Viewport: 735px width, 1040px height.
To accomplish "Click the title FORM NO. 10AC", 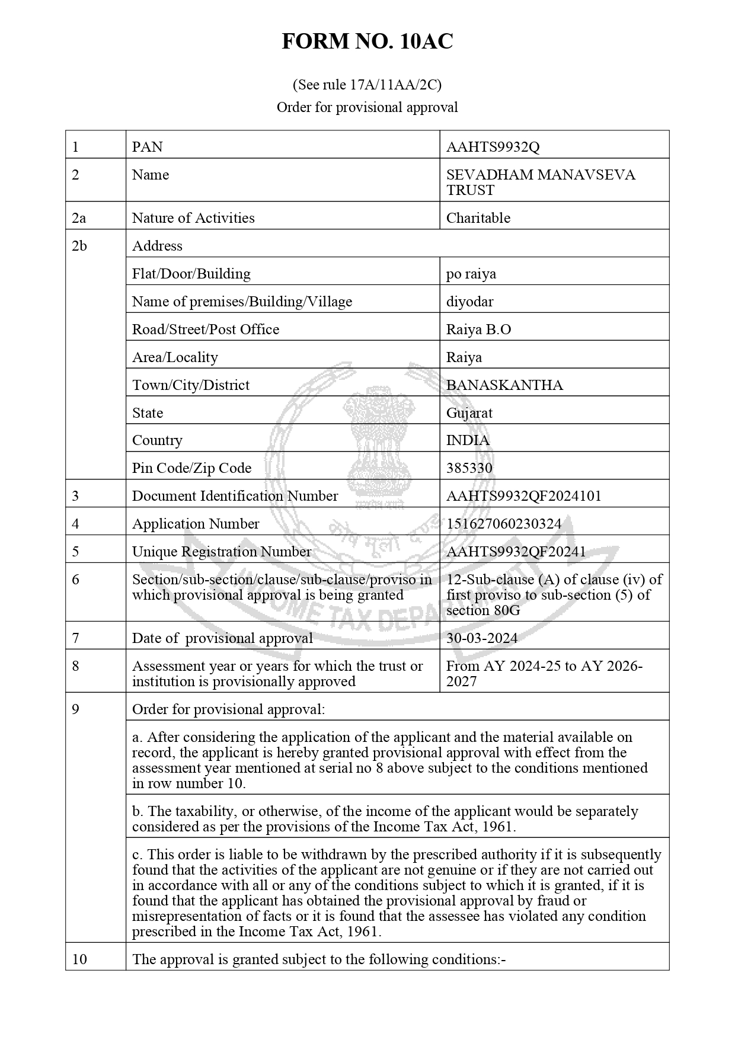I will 367,41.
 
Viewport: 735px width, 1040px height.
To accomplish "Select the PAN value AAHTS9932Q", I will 493,147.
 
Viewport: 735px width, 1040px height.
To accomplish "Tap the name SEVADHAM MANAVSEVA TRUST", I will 540,183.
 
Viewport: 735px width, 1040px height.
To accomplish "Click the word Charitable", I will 478,218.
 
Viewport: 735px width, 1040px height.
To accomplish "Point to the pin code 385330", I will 469,468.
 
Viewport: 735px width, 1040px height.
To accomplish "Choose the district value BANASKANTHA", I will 504,385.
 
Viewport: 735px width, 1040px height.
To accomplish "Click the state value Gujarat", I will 469,413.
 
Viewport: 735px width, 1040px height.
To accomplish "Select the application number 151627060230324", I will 503,524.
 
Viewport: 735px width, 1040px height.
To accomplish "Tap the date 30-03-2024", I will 481,638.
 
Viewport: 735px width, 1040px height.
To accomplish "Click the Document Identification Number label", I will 235,496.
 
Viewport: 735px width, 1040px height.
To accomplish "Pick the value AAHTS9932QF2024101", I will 523,496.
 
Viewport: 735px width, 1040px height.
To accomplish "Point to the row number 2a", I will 79,218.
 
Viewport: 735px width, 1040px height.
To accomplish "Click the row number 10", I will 79,959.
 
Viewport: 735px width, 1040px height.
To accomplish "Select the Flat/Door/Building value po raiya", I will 471,274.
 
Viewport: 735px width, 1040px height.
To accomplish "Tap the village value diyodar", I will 469,302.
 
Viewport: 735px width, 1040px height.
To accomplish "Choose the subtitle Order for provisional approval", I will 367,107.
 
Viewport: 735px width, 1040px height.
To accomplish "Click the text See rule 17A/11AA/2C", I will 367,85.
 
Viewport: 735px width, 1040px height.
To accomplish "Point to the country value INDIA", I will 468,440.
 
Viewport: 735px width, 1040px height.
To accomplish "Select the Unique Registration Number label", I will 221,552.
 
